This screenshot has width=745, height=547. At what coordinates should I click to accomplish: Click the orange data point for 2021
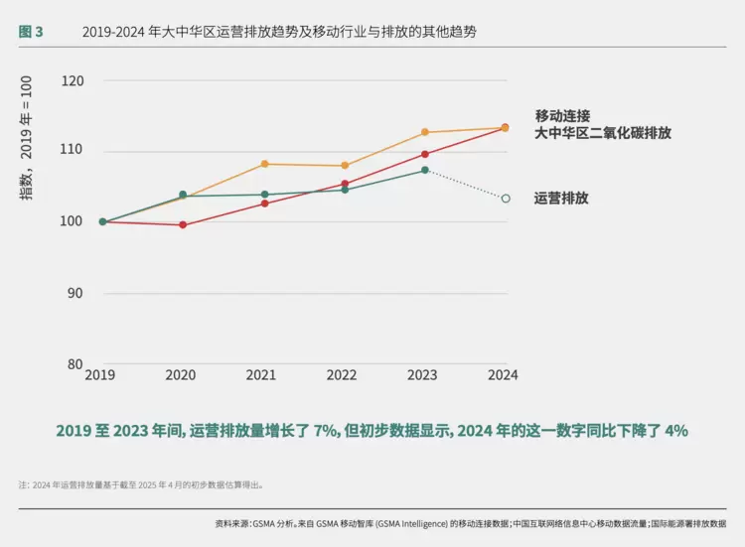pos(264,164)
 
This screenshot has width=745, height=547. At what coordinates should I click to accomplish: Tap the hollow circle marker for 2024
pos(506,199)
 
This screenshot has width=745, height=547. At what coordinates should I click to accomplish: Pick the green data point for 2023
pos(425,171)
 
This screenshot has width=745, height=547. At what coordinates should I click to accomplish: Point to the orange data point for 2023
pos(425,132)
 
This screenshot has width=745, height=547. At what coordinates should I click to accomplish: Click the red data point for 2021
pos(264,204)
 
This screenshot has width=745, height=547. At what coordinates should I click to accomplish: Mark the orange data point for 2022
pos(345,166)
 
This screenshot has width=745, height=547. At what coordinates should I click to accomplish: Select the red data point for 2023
pos(425,154)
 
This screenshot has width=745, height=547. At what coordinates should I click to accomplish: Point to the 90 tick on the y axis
pos(74,293)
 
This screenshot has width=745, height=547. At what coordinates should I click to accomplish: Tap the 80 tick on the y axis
pos(74,363)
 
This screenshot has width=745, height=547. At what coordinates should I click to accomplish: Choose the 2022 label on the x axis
pos(342,375)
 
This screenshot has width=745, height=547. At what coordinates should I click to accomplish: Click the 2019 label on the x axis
pos(99,375)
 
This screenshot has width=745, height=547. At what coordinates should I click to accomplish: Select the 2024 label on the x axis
pos(503,375)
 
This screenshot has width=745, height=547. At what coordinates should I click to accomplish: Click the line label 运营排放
pos(561,199)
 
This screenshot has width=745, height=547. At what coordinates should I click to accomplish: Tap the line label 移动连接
pos(562,116)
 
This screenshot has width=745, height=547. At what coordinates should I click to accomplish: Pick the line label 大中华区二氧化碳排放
pos(603,133)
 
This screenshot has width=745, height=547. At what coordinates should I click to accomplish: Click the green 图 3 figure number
pos(31,32)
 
